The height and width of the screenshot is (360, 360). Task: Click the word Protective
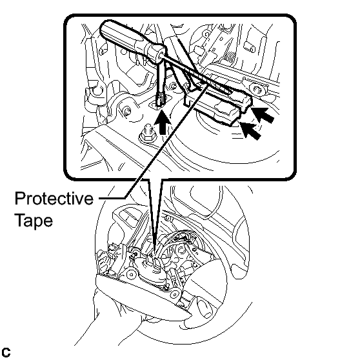point(54,198)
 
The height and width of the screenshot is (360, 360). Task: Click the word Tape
point(34,221)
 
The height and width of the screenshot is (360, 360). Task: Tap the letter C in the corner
point(6,352)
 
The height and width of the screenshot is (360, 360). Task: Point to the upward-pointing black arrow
point(163,122)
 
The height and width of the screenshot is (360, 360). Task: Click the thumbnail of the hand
point(205,308)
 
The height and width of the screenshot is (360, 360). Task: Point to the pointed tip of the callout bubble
point(154,254)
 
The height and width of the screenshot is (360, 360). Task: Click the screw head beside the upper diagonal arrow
point(257,89)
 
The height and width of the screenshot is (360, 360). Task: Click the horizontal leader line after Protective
point(112,197)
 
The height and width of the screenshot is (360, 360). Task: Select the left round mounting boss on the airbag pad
point(131,274)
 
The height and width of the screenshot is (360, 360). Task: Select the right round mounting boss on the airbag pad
point(175,294)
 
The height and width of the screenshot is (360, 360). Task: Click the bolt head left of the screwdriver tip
point(126,112)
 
